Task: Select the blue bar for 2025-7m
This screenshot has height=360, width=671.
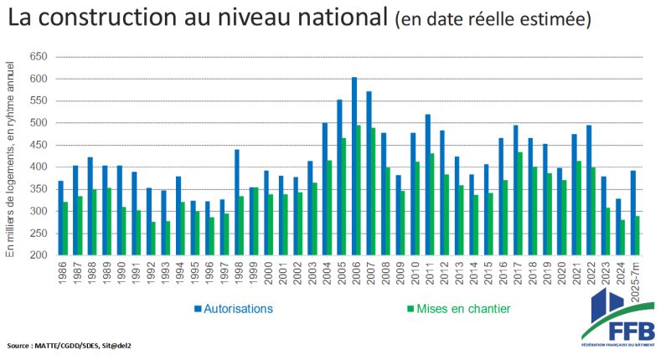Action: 634,213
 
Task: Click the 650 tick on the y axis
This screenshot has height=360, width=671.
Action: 39,57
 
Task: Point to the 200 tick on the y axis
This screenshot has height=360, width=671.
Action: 39,255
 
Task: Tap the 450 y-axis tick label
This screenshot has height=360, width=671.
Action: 39,145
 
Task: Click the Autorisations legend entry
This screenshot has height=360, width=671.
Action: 235,309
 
